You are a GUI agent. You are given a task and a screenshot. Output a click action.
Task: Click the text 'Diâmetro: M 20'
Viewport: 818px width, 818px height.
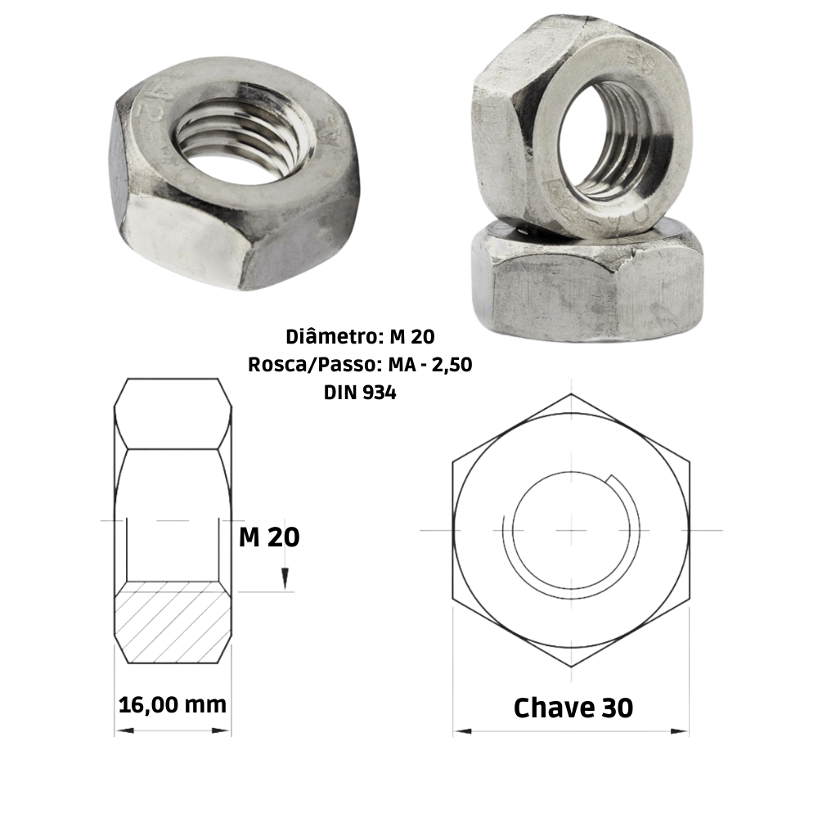tap(361, 335)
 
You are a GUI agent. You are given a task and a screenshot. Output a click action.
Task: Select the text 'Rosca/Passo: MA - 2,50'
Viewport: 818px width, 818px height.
tap(361, 365)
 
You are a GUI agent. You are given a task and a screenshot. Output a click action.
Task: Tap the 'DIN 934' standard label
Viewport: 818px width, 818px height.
tap(361, 393)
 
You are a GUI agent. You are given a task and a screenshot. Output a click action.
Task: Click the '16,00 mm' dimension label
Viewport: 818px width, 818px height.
tap(173, 703)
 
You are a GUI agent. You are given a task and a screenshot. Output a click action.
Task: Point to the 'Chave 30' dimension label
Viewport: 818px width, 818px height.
tap(573, 708)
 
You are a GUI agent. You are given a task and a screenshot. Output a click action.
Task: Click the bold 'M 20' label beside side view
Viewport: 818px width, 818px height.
tap(269, 537)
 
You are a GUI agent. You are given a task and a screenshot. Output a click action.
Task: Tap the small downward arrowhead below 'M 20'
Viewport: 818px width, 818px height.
tap(284, 579)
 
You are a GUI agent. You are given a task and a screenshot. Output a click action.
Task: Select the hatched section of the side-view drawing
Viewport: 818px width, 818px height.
tap(173, 622)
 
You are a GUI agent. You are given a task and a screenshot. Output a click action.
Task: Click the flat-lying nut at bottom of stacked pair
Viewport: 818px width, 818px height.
tap(585, 282)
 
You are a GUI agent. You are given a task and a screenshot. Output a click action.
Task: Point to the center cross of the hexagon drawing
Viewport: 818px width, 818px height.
tap(571, 530)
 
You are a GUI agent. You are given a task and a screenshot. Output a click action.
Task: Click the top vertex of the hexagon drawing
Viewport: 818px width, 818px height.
tap(571, 394)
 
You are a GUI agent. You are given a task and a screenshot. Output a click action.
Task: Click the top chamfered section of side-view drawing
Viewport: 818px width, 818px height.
tap(173, 413)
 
